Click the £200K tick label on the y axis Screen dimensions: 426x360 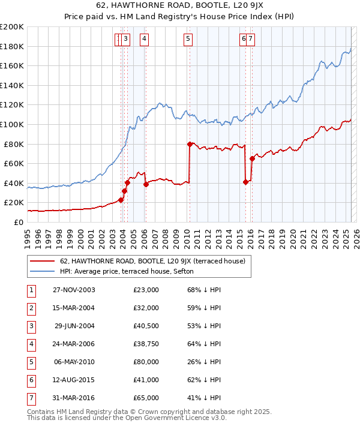12,27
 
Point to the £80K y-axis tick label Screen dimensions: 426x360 14,144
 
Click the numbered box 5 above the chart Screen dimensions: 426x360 188,40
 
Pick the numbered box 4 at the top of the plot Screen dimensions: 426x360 145,40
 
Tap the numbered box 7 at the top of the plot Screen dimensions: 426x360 250,40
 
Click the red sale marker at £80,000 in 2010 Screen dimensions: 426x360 190,144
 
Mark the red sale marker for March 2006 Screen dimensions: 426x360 146,184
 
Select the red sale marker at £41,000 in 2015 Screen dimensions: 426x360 245,182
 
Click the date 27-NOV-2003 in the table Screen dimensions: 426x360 74,290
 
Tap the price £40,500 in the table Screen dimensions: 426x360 146,326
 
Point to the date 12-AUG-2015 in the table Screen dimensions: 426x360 74,380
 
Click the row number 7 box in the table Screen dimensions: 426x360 30,398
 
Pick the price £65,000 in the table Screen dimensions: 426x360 146,398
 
